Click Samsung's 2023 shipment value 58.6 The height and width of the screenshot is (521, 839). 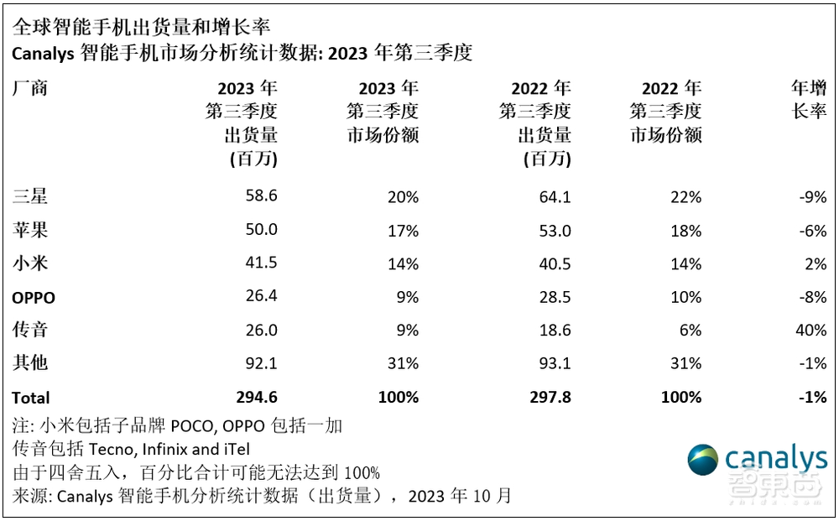(260, 196)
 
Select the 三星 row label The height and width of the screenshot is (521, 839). (30, 197)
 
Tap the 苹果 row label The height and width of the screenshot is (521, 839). (30, 230)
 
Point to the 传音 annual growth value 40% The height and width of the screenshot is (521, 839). (811, 331)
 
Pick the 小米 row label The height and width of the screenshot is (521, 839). (30, 263)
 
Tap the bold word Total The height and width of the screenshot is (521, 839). (31, 398)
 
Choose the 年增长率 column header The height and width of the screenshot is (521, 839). (809, 99)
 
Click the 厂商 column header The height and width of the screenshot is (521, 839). (30, 88)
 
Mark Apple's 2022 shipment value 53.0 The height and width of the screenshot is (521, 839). (554, 230)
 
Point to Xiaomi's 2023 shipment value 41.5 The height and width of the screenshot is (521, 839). (260, 263)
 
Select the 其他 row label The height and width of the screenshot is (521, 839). (30, 363)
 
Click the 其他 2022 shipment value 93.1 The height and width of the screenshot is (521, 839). (554, 363)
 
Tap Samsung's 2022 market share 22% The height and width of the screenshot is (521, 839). (685, 197)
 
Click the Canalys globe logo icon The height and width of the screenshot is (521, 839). (703, 461)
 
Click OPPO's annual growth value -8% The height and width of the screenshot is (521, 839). (813, 297)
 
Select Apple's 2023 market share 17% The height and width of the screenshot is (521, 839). (403, 230)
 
